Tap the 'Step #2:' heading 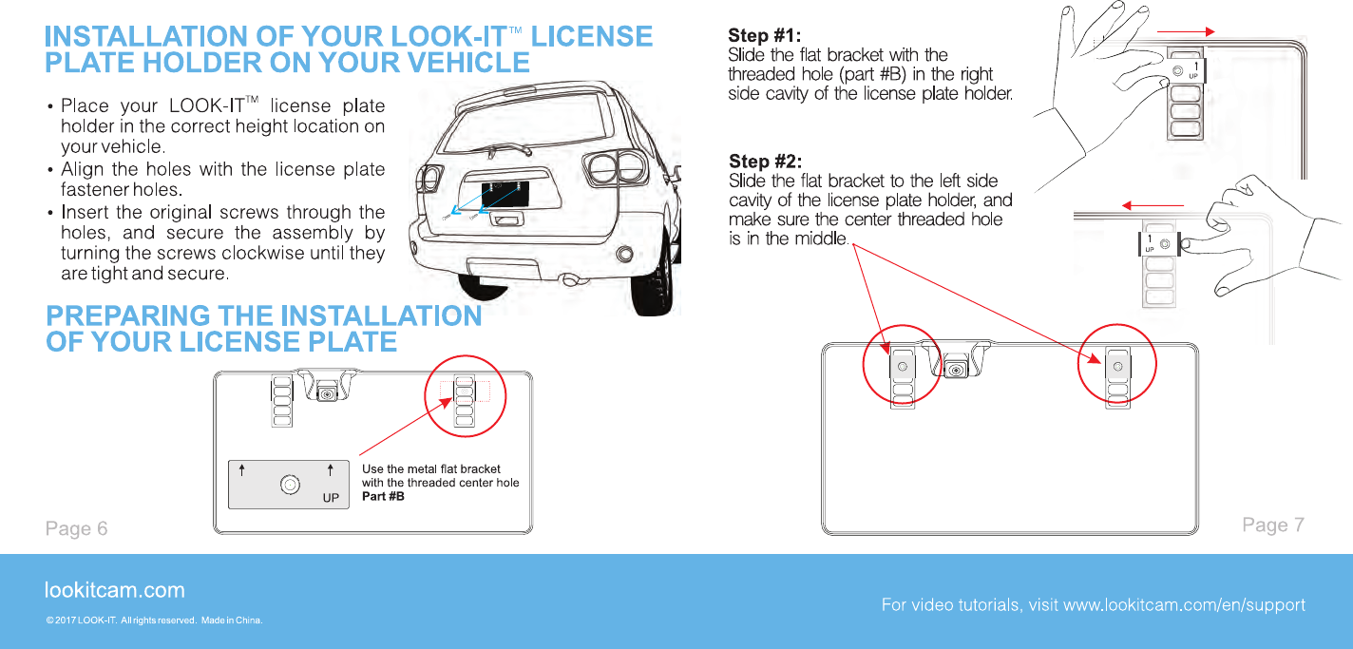tap(765, 161)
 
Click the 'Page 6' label tap(76, 528)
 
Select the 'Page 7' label tap(1273, 525)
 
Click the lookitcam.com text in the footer tap(114, 590)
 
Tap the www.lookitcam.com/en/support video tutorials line tap(1093, 605)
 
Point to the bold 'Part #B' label tap(383, 496)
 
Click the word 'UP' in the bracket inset tap(331, 497)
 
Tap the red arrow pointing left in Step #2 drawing tap(1153, 205)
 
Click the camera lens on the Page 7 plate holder tap(956, 368)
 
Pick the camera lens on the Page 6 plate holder tap(327, 392)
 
